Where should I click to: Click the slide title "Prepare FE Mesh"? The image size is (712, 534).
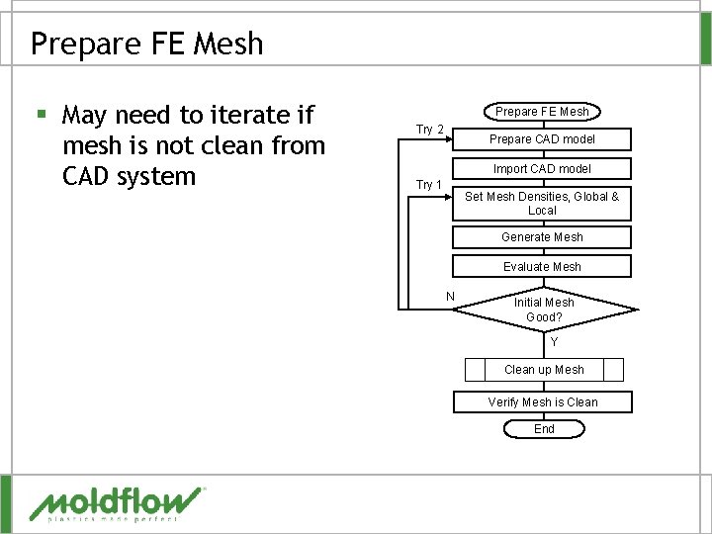pos(146,44)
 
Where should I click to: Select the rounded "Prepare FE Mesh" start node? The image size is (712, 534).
pos(542,111)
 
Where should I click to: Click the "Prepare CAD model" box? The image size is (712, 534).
pos(542,139)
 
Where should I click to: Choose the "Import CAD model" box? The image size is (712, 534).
pos(542,169)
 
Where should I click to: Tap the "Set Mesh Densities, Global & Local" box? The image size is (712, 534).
pos(542,203)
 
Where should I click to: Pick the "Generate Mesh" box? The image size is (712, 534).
pos(542,237)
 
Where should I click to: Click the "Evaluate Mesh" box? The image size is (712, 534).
pos(542,267)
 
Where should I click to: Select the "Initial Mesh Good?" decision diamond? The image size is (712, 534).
pos(543,310)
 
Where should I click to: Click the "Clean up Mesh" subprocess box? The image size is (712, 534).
pos(544,370)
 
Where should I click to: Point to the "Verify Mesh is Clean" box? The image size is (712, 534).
pos(543,402)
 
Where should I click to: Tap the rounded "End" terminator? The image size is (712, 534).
pos(544,429)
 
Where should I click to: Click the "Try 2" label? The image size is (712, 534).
pos(429,130)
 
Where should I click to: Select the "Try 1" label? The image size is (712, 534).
pos(429,185)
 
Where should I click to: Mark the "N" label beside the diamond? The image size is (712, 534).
pos(450,297)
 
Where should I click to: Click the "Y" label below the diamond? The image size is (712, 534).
pos(554,342)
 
